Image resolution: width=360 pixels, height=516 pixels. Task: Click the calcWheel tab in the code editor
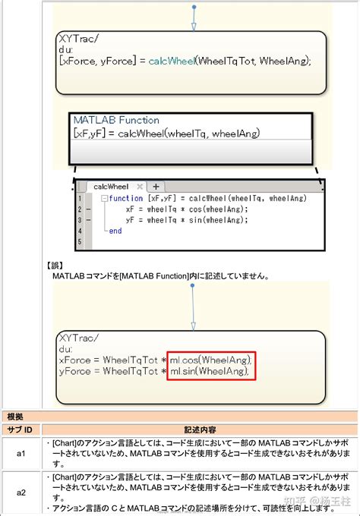coord(111,186)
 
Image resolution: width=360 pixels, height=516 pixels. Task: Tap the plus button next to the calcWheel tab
coord(156,186)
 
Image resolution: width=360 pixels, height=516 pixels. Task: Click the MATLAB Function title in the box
coord(116,120)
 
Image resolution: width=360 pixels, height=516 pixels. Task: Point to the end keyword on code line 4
coord(115,231)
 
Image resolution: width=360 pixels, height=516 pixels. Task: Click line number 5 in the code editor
coord(80,242)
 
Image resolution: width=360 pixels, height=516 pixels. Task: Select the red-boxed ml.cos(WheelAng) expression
coord(210,359)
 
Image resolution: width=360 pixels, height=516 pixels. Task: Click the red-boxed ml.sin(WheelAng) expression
coord(210,371)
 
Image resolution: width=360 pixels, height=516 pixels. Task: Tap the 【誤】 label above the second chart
coord(55,266)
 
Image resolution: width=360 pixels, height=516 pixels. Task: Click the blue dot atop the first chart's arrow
coord(194,7)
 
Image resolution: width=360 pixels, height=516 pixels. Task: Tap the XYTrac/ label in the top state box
coord(79,38)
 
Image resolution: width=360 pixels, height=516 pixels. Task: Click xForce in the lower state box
coord(74,359)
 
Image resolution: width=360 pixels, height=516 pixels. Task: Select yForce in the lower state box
coord(74,371)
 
